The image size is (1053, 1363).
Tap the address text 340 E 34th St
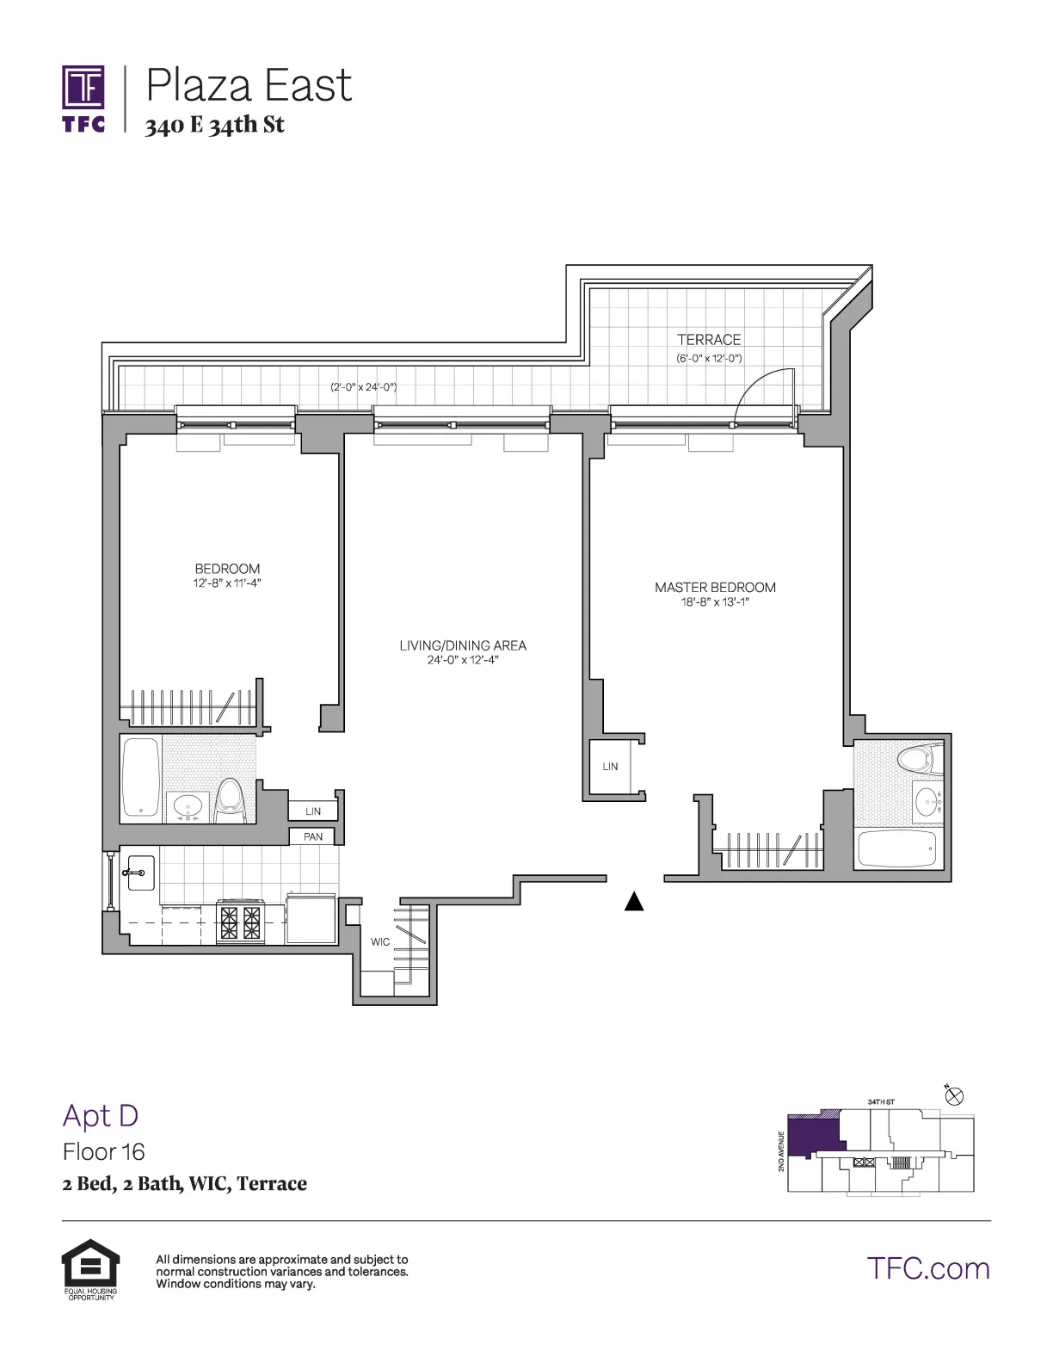(x=214, y=126)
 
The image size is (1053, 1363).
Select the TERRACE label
(x=708, y=340)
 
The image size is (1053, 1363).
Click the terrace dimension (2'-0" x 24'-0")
(x=364, y=387)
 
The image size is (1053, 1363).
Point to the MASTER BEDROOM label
(x=715, y=588)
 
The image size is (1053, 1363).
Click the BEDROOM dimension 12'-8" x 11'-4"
(x=227, y=583)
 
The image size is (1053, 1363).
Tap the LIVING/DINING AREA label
(x=463, y=645)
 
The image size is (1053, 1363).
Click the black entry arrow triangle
(x=634, y=901)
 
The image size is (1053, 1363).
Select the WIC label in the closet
(x=380, y=942)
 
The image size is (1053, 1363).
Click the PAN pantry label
(x=313, y=836)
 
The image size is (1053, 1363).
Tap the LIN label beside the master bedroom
(x=610, y=767)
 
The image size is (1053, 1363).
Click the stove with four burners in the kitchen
(x=240, y=922)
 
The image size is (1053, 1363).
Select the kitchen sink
(x=138, y=873)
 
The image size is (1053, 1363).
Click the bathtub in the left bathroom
(x=141, y=777)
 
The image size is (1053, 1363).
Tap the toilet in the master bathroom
(x=914, y=760)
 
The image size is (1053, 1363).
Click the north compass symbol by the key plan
(x=954, y=1096)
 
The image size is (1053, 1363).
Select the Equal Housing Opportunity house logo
(x=90, y=1264)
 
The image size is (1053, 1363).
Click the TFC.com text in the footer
(x=928, y=1269)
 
